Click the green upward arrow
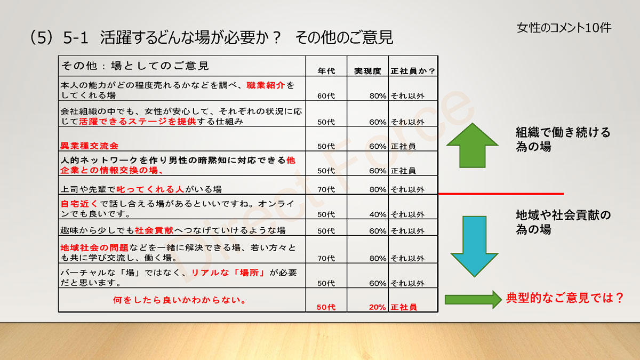coord(473,146)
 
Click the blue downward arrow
coord(475,246)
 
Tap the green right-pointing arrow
coord(473,299)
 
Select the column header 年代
coord(326,71)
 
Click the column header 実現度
coord(367,71)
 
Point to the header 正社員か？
coord(413,71)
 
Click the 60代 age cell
coord(326,95)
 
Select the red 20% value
coord(377,307)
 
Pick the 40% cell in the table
coord(378,214)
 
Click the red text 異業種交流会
coord(89,146)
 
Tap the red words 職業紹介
coord(266,85)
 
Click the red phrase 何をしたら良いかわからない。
coord(179,300)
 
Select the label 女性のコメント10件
coord(564,28)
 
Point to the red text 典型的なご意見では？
coord(565,298)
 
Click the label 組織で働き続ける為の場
coord(563,139)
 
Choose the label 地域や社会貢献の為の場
coord(563,222)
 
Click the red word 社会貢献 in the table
coord(154,230)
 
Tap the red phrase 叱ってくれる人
coord(150,189)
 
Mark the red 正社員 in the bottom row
coord(404,307)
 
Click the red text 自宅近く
coord(79,204)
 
